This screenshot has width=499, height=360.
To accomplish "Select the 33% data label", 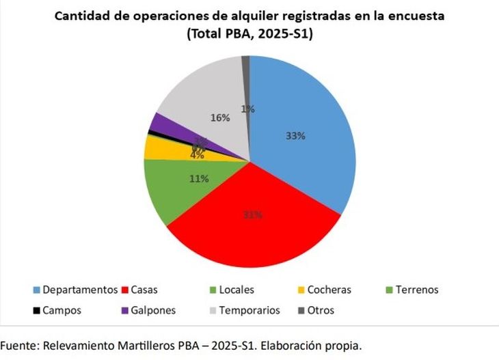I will [295, 136].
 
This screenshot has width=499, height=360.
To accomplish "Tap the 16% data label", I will [220, 117].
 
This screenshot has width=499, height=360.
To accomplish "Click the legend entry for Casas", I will [142, 290].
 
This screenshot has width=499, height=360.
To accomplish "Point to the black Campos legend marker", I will [36, 310].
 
